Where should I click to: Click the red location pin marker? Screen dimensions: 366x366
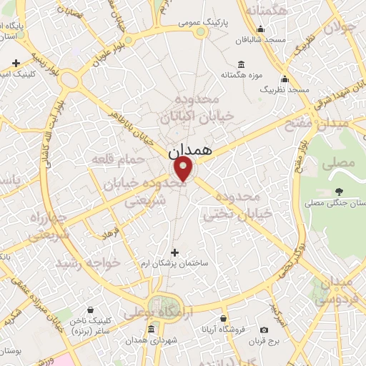tap(184, 169)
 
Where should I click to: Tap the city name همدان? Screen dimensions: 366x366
tap(188, 152)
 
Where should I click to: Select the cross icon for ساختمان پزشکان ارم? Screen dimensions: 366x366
tap(176, 252)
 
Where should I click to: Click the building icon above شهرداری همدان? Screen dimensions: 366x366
tap(151, 330)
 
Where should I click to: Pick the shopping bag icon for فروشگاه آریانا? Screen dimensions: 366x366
tap(224, 319)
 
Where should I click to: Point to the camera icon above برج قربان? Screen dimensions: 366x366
tap(264, 330)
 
